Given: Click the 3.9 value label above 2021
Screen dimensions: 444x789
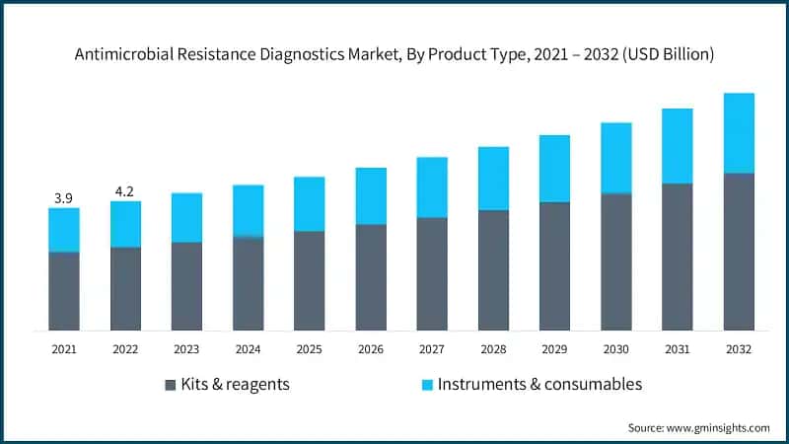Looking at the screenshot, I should point(64,198).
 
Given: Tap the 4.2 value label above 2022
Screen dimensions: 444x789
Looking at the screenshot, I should point(125,191).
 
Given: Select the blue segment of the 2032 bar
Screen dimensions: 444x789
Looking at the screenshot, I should point(739,133).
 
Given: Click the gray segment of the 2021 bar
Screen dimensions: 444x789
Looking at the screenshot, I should point(64,291).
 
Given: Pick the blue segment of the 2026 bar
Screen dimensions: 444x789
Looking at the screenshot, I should point(371,196).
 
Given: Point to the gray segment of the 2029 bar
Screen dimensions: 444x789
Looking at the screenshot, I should point(554,266).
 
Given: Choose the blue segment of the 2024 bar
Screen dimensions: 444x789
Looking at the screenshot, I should point(249,211).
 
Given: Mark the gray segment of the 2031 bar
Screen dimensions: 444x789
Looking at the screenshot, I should point(678,257).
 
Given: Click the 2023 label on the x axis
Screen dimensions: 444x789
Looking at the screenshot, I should point(186,349).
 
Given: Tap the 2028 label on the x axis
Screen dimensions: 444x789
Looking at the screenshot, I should point(493,349).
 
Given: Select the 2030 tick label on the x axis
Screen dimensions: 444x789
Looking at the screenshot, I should point(615,349).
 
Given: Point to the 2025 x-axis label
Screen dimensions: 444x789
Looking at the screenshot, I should point(309,349).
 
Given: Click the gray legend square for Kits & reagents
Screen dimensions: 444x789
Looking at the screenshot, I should point(170,385).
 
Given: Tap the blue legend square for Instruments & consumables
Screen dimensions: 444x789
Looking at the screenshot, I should point(425,385).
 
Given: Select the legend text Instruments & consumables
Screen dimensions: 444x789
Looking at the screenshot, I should point(539,384).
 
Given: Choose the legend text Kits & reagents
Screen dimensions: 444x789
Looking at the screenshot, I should point(235,384).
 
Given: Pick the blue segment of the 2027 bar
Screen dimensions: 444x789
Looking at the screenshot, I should point(432,187).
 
